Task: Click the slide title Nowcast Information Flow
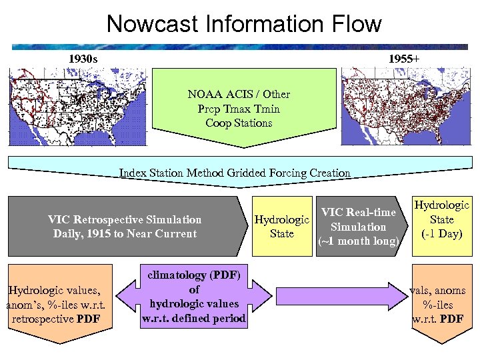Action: point(244,25)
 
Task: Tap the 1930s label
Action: point(83,59)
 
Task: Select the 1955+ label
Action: point(403,59)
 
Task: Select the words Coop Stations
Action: point(239,123)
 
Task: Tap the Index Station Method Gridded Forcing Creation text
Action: point(235,173)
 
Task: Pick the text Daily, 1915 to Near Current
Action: point(125,234)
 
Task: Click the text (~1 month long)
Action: point(359,241)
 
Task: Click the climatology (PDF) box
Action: point(193,297)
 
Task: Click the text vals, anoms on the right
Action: point(442,291)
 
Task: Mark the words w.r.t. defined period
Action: point(194,319)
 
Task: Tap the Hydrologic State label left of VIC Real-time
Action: point(282,227)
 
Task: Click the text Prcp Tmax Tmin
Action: point(239,109)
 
